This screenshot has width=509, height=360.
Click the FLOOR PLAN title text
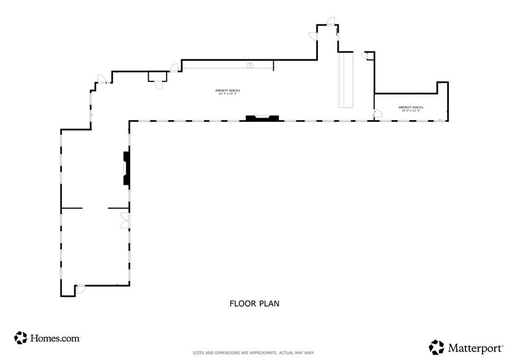pos(254,303)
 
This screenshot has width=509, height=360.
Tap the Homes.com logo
pos(47,337)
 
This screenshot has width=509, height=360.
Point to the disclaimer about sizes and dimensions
pos(254,353)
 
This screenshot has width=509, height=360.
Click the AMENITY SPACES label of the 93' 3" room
pos(227,91)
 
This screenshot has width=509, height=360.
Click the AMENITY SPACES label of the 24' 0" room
pos(410,107)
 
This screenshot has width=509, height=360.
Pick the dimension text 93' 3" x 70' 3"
pos(227,94)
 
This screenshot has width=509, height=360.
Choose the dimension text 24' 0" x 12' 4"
pos(410,111)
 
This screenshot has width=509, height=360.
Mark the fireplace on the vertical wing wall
pos(126,168)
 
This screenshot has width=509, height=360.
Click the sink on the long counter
pos(250,65)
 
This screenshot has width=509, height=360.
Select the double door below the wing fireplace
pos(125,221)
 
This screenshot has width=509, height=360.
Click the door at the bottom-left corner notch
pos(80,289)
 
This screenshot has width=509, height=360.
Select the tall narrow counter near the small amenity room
pos(346,80)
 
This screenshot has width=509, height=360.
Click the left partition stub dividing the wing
pos(72,209)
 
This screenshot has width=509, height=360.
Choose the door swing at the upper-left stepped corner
pos(102,79)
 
